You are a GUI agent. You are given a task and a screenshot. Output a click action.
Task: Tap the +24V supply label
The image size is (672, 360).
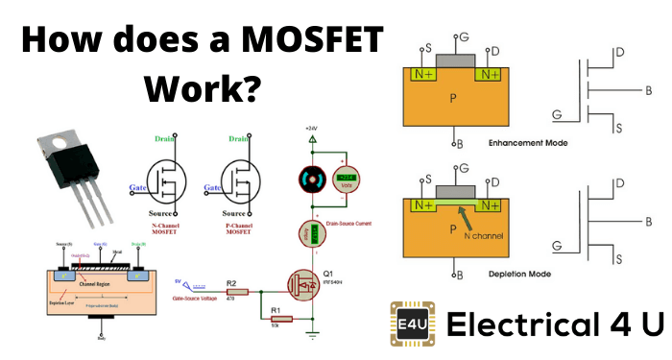[309, 127]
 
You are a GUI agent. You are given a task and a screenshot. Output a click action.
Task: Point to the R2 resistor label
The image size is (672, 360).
[231, 283]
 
